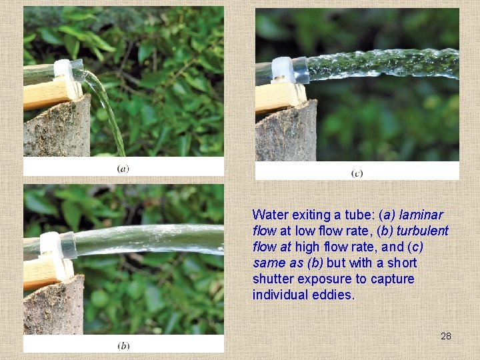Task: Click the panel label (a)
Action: [x=123, y=169]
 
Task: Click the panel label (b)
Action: [x=123, y=346]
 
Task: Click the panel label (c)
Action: [x=357, y=173]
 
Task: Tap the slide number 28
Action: [x=446, y=336]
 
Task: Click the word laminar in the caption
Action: [x=421, y=215]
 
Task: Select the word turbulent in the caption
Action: [x=423, y=231]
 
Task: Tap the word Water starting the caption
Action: [x=271, y=215]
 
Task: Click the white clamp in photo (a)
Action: [x=64, y=70]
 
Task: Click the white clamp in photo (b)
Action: [x=50, y=245]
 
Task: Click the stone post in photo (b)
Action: [x=53, y=306]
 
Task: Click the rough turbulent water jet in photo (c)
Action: [x=383, y=64]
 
